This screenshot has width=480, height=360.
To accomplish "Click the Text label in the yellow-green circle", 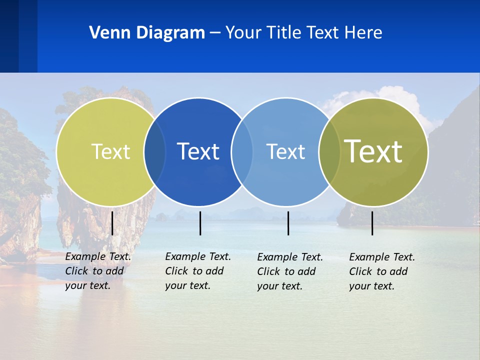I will [110, 151].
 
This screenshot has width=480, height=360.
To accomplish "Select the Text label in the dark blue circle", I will [198, 151].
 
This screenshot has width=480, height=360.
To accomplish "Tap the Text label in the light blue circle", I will [285, 151].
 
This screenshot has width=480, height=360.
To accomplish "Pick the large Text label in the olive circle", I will [373, 151].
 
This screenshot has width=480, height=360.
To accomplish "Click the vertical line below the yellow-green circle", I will [112, 223].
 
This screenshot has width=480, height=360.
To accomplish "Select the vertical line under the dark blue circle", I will [200, 223].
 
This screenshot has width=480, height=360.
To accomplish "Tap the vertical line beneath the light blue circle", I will [288, 223].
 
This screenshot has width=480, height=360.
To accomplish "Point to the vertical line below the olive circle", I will [372, 223].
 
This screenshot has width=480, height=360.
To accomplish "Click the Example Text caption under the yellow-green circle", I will [97, 271].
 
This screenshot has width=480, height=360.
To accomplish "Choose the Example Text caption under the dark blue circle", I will [197, 271].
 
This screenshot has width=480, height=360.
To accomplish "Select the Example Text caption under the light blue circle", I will [289, 271].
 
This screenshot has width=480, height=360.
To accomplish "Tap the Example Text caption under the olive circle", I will [381, 271].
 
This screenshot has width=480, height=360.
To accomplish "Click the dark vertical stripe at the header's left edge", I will [9, 36].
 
